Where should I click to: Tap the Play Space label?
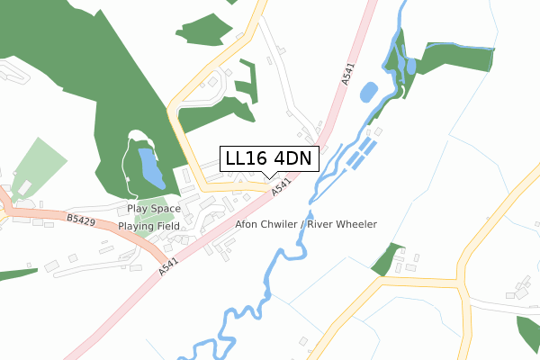click(x=154, y=208)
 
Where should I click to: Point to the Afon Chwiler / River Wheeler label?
click(x=305, y=224)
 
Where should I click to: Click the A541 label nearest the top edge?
click(x=349, y=74)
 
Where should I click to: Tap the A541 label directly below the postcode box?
click(x=283, y=188)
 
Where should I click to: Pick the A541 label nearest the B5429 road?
click(x=167, y=264)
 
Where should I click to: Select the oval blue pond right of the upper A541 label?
click(x=368, y=92)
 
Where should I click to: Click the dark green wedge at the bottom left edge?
click(x=13, y=274)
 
